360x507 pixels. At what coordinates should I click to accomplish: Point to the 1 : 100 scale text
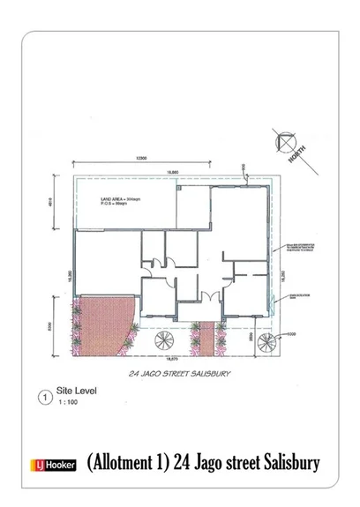[x=67, y=403]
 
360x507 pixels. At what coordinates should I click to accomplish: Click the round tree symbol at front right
[x=266, y=343]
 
